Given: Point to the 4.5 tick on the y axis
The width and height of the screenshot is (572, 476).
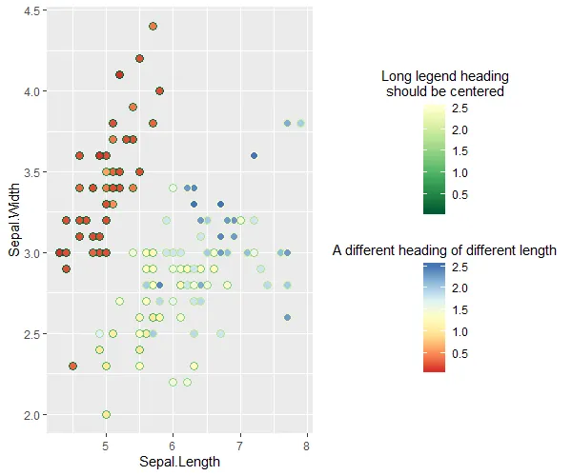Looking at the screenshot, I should (29, 10).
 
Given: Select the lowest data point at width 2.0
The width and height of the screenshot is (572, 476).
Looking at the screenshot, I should (106, 414).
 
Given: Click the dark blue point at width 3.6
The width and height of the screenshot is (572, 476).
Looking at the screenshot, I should (254, 155).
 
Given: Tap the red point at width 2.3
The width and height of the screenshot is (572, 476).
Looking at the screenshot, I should (72, 366).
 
